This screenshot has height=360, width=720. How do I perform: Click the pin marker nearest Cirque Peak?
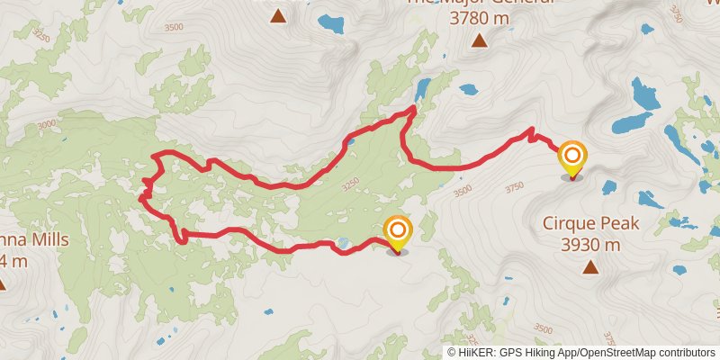[571, 157]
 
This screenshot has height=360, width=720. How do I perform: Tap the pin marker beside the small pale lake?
[396, 232]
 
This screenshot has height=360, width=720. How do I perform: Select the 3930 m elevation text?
[590, 244]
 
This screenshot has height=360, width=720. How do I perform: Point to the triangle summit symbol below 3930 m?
[589, 266]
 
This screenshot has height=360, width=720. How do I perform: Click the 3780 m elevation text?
[479, 18]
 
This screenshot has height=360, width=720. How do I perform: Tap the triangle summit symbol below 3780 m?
[479, 40]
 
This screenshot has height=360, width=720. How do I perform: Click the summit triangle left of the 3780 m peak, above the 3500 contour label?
[278, 15]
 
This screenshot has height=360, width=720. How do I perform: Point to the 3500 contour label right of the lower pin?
[462, 191]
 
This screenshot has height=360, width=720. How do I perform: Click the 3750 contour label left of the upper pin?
[514, 187]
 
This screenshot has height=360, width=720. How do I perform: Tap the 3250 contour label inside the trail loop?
[352, 184]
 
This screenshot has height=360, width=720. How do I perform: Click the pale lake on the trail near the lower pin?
[342, 243]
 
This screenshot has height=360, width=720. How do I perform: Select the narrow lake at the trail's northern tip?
[422, 89]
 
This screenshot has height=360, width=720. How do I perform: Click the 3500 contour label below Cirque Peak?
[543, 328]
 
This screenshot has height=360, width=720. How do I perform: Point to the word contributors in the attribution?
[685, 353]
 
